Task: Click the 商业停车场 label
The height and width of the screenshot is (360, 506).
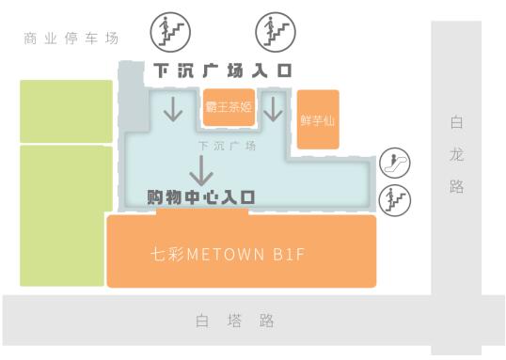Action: (x=72, y=39)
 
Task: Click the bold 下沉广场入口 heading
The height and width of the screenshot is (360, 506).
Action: (x=223, y=70)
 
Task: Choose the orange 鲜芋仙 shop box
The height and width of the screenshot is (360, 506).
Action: (x=318, y=120)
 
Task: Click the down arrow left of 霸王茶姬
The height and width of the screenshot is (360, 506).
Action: (x=174, y=109)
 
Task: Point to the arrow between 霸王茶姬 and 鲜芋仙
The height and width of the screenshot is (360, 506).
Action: (x=273, y=109)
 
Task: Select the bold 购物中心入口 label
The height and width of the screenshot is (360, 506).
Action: (x=202, y=197)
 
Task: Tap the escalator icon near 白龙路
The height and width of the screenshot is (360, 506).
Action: (x=394, y=164)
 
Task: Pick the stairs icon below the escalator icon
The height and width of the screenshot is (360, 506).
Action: (x=394, y=198)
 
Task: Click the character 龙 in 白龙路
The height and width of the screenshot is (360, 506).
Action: (x=457, y=154)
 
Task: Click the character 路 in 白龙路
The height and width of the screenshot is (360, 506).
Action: (x=457, y=187)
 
